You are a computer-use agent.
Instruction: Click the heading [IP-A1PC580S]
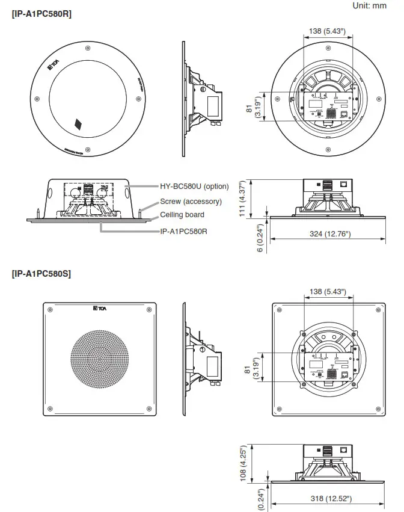[41, 274]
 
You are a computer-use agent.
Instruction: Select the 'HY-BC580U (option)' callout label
[194, 187]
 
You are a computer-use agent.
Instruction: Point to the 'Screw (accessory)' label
[191, 202]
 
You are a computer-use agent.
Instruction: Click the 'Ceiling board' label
[182, 215]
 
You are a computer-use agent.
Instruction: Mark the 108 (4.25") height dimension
[243, 463]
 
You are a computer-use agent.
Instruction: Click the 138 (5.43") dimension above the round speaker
[327, 30]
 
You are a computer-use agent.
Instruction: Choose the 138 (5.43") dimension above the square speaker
[327, 292]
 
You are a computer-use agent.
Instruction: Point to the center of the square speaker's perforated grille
[100, 359]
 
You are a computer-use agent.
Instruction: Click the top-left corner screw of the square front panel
[50, 310]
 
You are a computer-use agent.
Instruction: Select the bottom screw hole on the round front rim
[88, 149]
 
